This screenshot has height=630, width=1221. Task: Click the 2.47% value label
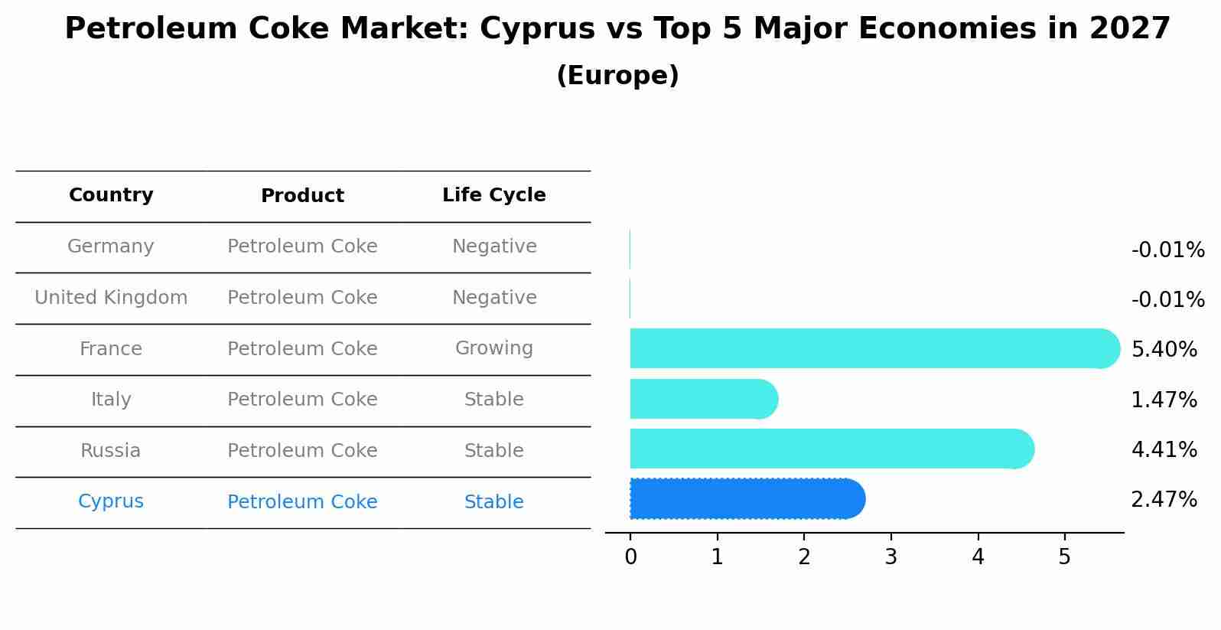pos(1164,500)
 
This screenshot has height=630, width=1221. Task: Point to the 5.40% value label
pos(1164,350)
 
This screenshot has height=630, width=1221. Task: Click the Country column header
pos(111,195)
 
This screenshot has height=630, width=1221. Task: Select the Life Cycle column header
pos(494,195)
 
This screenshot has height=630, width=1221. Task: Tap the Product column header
pos(302,196)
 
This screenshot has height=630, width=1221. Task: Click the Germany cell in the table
pos(111,246)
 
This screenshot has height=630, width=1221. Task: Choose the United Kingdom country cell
pos(111,298)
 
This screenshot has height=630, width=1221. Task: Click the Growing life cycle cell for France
pos(494,348)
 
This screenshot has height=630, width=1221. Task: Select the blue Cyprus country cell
pos(111,501)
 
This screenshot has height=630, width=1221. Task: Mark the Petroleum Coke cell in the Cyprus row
pos(302,502)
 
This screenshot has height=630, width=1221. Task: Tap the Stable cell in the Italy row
pos(494,400)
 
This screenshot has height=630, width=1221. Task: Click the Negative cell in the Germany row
pos(494,246)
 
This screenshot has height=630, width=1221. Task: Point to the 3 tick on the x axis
pos(891,557)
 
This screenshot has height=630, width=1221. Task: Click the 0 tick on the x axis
pos(630,557)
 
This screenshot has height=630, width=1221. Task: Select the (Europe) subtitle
pos(617,76)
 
